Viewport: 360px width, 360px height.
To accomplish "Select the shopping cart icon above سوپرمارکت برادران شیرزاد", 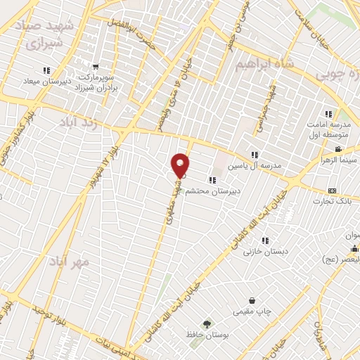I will (96, 67).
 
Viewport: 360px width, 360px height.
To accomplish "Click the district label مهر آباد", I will (70, 262).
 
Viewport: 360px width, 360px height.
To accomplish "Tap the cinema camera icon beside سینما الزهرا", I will (338, 149).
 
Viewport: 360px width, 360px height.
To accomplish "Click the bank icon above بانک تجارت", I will (333, 191).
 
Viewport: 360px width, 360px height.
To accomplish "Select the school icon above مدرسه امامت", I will (328, 114).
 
